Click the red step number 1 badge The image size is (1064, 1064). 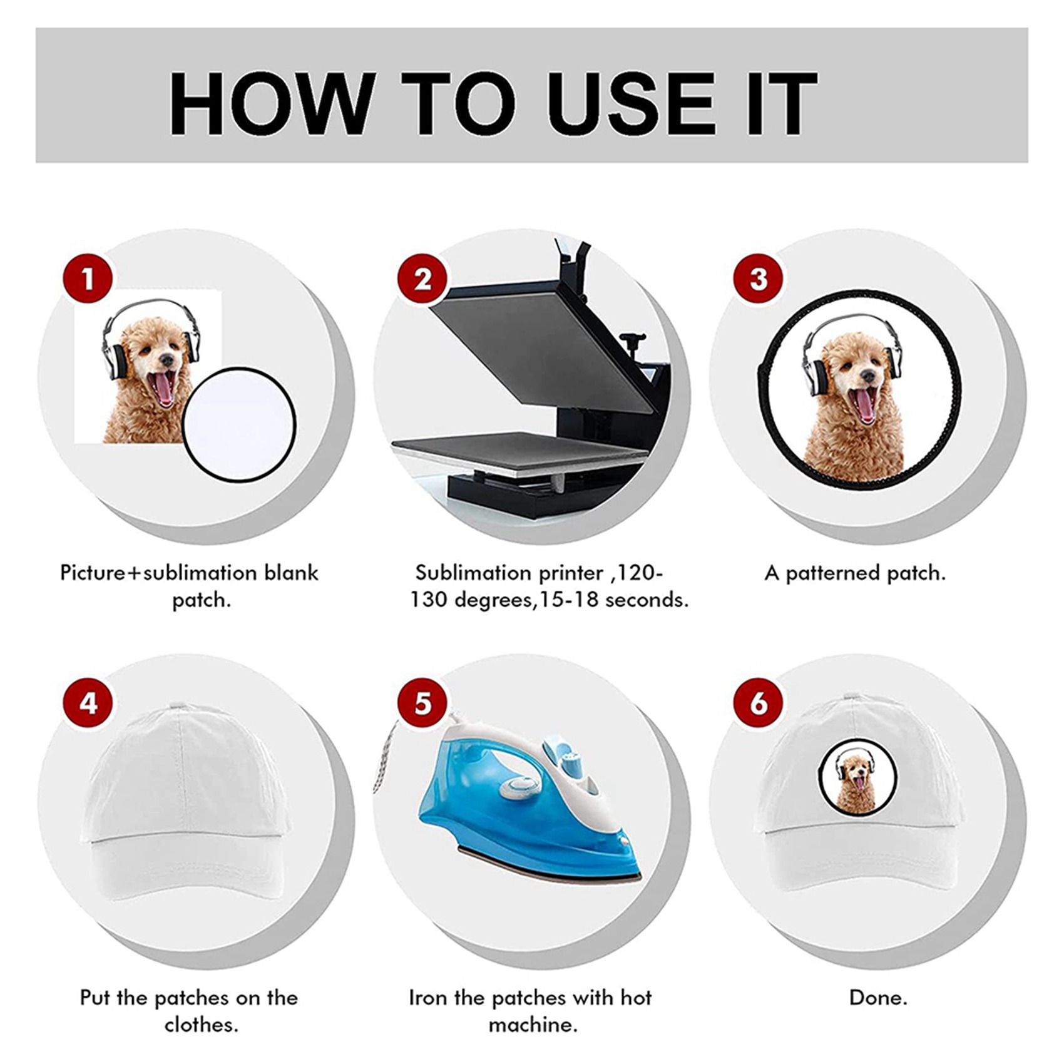coord(88,279)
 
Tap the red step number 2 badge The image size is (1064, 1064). coord(423,279)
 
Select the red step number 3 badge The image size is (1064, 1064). coord(759,279)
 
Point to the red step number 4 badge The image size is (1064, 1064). coord(88,703)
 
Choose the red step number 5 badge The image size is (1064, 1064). coord(423,703)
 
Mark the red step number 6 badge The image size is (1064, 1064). coord(759,703)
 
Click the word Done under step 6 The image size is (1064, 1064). coord(878,998)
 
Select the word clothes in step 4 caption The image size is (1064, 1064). coord(202,1025)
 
